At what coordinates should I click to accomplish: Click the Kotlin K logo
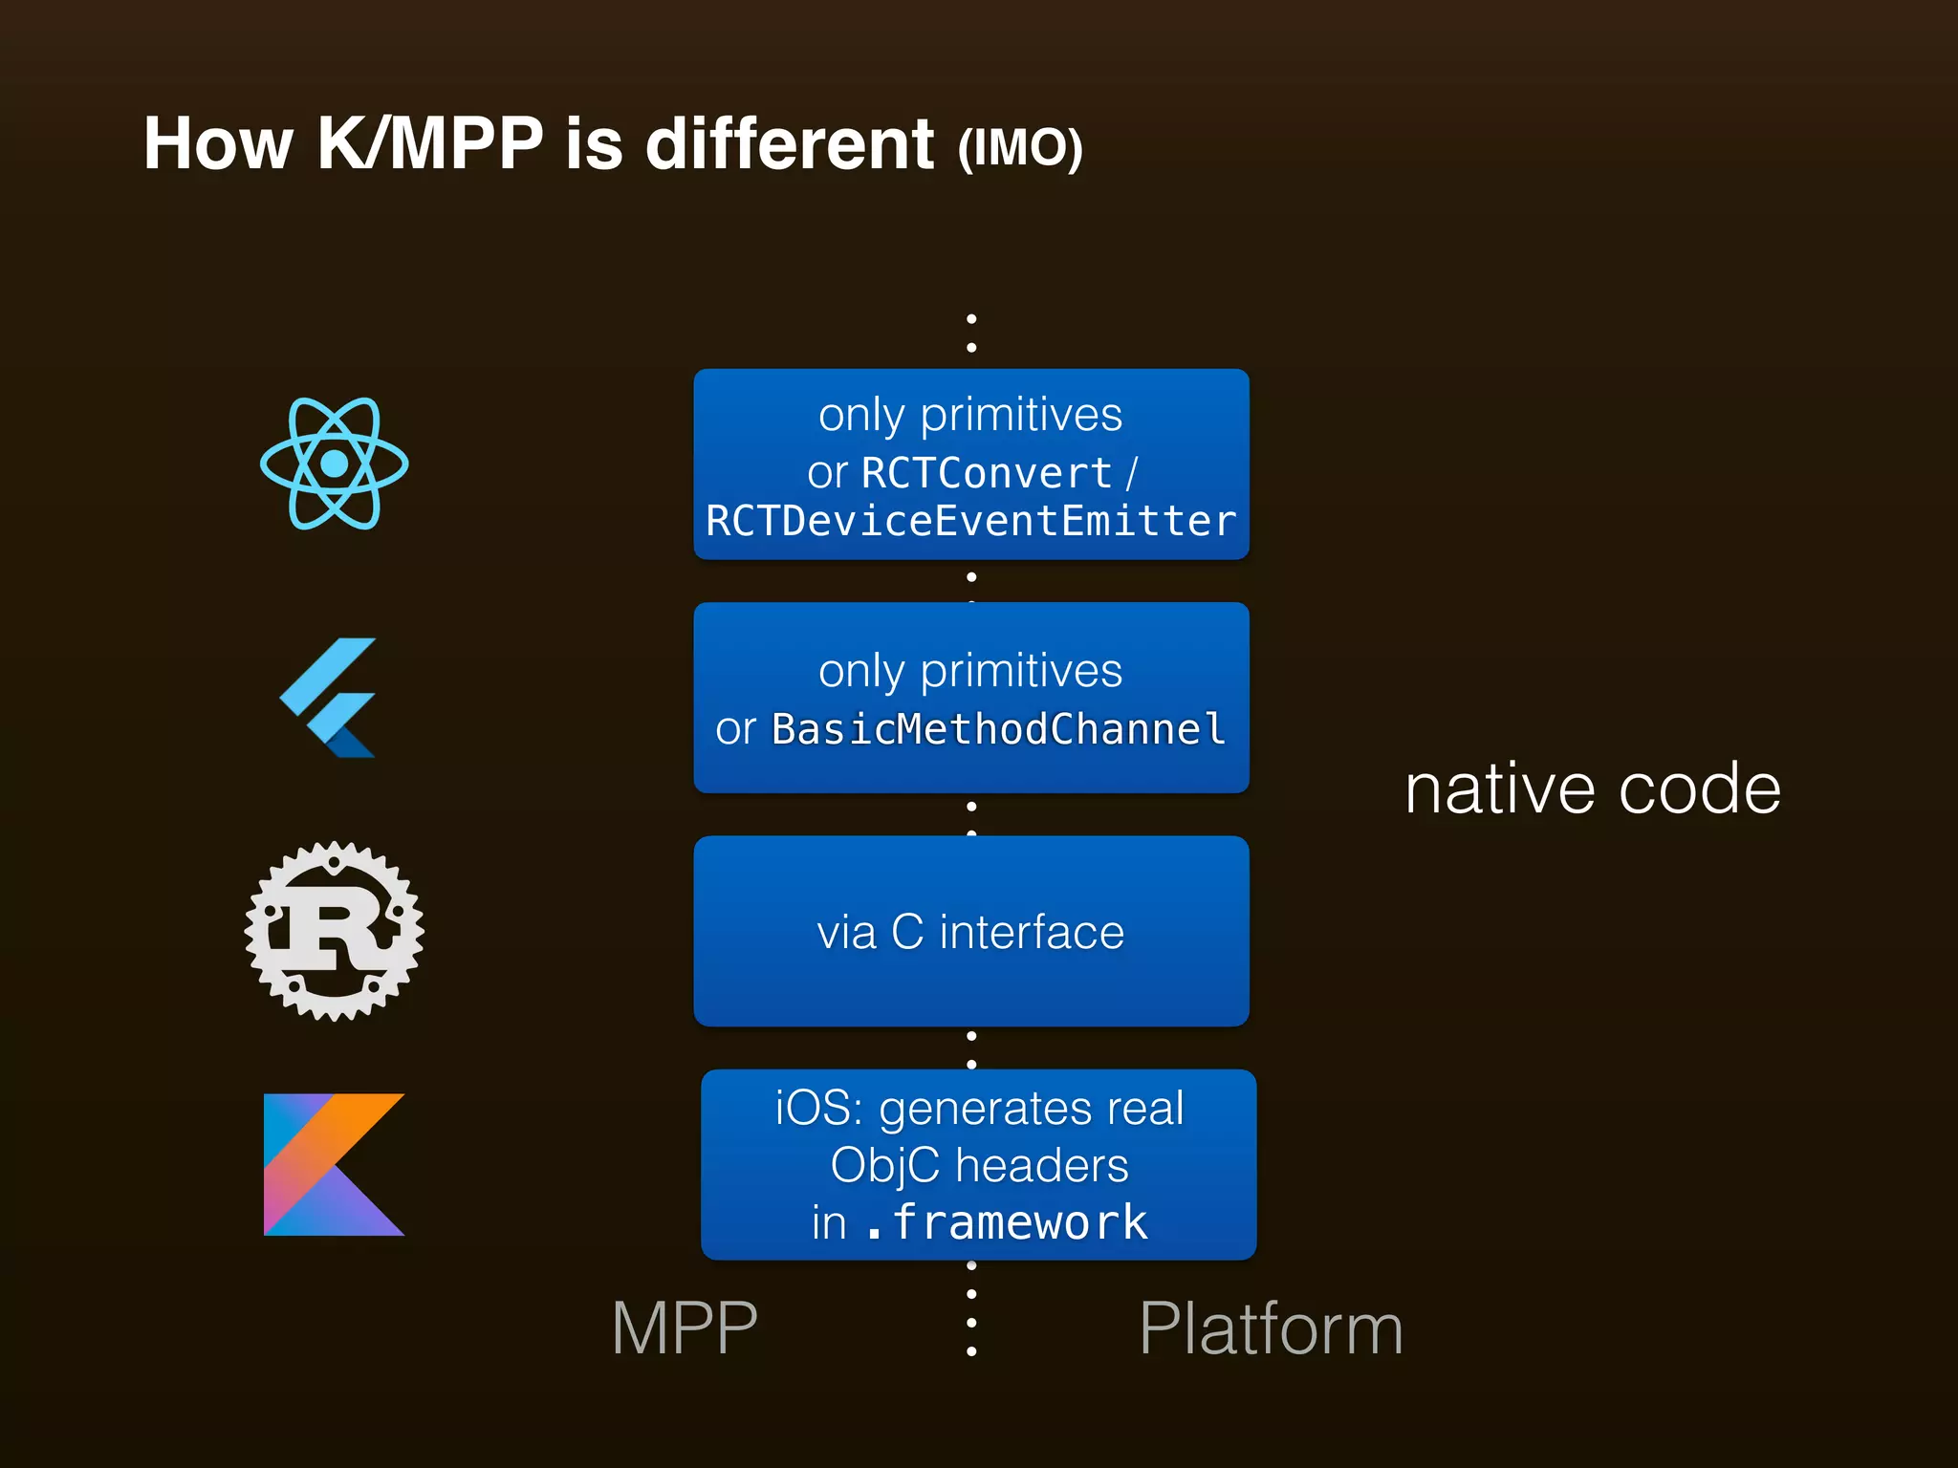(x=334, y=1164)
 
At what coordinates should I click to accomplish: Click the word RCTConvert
(x=986, y=473)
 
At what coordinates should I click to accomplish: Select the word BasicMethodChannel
(x=998, y=729)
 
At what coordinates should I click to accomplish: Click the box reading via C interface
(x=970, y=932)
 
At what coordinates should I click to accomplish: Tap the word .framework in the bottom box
(x=1006, y=1222)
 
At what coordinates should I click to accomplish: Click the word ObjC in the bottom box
(x=884, y=1166)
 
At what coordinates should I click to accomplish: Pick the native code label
(x=1592, y=789)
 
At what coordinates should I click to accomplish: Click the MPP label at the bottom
(x=685, y=1328)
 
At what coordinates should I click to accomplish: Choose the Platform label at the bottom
(x=1271, y=1328)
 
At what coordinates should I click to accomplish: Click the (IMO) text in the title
(x=1019, y=148)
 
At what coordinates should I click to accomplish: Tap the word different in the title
(x=790, y=144)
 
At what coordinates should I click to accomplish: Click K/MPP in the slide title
(x=429, y=144)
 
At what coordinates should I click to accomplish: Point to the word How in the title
(x=218, y=144)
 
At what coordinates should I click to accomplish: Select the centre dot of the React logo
(x=334, y=464)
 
